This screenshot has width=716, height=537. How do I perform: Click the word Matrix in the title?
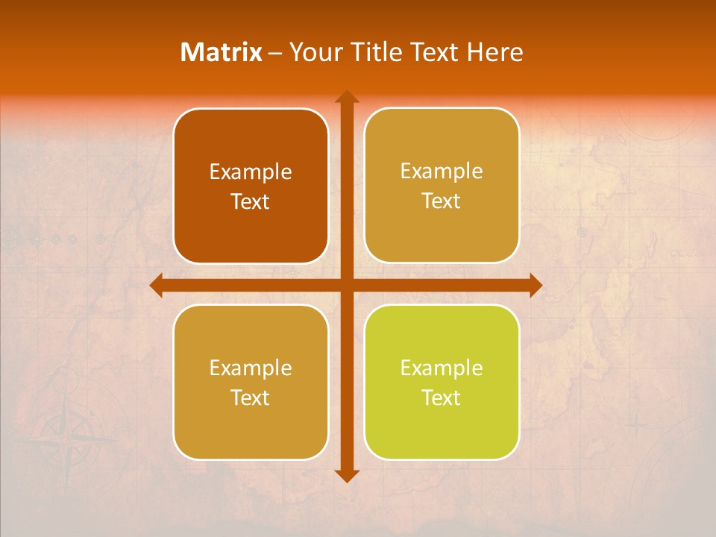(x=222, y=52)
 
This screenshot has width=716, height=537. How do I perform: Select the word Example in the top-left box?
(x=251, y=172)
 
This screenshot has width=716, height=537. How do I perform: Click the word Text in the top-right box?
(x=442, y=201)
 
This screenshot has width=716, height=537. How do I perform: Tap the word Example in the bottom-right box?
(x=442, y=368)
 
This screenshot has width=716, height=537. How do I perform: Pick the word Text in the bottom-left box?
(x=251, y=398)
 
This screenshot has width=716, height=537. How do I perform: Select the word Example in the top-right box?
(x=442, y=171)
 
